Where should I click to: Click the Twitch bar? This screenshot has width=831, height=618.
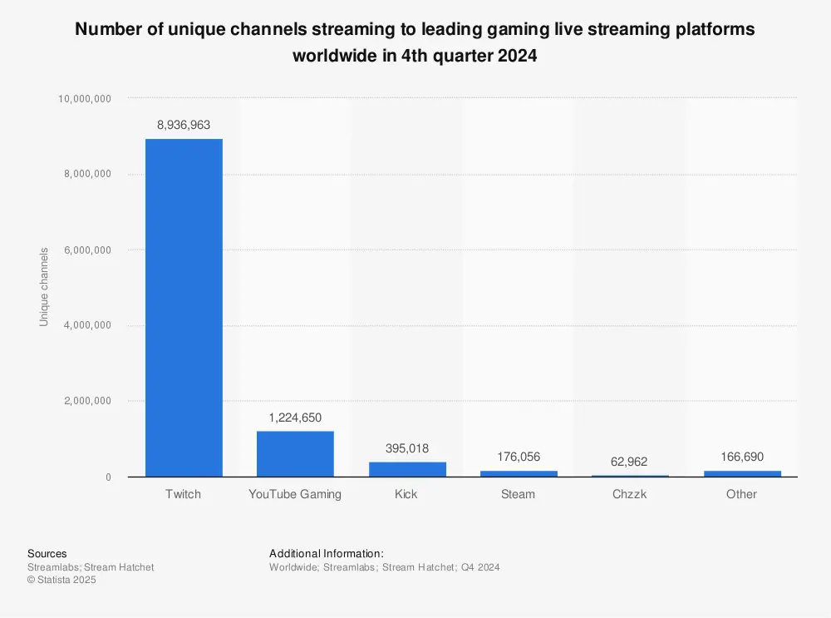click(184, 308)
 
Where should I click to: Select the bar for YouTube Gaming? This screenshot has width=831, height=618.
click(295, 454)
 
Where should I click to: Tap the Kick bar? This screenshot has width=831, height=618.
click(407, 469)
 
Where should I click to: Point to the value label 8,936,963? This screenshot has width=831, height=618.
click(184, 126)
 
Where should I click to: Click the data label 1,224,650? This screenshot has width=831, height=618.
click(295, 418)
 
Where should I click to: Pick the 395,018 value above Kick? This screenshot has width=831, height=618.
click(407, 448)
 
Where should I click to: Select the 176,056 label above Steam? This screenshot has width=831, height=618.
click(519, 457)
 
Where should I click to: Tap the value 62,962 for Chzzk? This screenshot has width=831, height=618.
click(630, 462)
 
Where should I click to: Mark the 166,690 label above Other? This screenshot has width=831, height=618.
click(741, 457)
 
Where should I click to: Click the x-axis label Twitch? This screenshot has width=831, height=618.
click(184, 494)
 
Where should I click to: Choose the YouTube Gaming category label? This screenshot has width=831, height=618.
click(295, 494)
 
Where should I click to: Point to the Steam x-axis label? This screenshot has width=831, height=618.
click(519, 494)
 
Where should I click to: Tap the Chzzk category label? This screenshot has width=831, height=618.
click(630, 494)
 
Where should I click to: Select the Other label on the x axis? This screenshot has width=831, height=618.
click(741, 494)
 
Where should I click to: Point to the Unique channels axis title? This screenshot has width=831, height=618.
click(44, 287)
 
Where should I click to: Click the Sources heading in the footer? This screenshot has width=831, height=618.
click(47, 554)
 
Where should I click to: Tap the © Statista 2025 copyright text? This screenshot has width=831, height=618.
click(61, 581)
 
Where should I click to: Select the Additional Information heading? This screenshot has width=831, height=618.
click(327, 554)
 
